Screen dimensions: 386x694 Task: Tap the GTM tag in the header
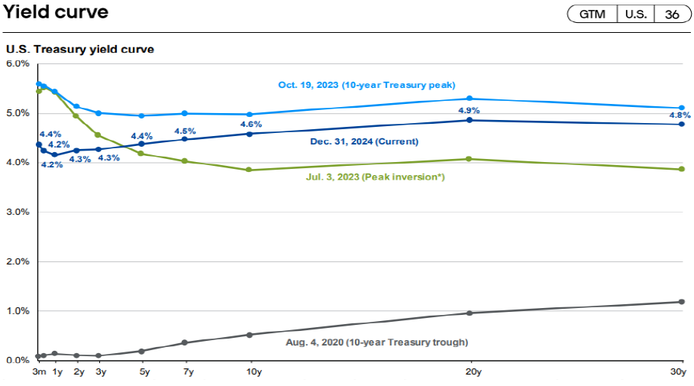coord(592,15)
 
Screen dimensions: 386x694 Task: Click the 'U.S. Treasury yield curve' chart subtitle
coord(79,50)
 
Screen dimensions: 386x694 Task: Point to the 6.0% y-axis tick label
coord(17,63)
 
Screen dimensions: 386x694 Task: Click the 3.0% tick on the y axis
coord(17,212)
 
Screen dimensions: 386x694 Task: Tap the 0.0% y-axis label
coord(17,360)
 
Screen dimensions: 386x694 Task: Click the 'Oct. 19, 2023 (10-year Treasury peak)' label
coord(366,85)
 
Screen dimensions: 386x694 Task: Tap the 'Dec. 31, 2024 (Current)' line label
coord(364,141)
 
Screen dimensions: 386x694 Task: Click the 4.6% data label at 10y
coord(251,124)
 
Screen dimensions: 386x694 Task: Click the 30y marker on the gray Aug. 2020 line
coord(682,302)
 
